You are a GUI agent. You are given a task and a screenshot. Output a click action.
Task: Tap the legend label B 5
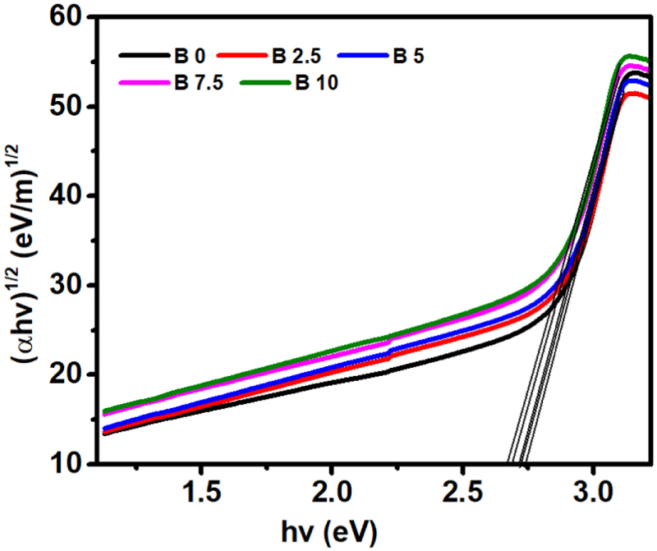pyautogui.click(x=407, y=57)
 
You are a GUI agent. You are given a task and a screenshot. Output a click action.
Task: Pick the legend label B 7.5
pyautogui.click(x=198, y=82)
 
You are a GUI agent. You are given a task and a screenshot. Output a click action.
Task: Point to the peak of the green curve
pyautogui.click(x=628, y=56)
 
